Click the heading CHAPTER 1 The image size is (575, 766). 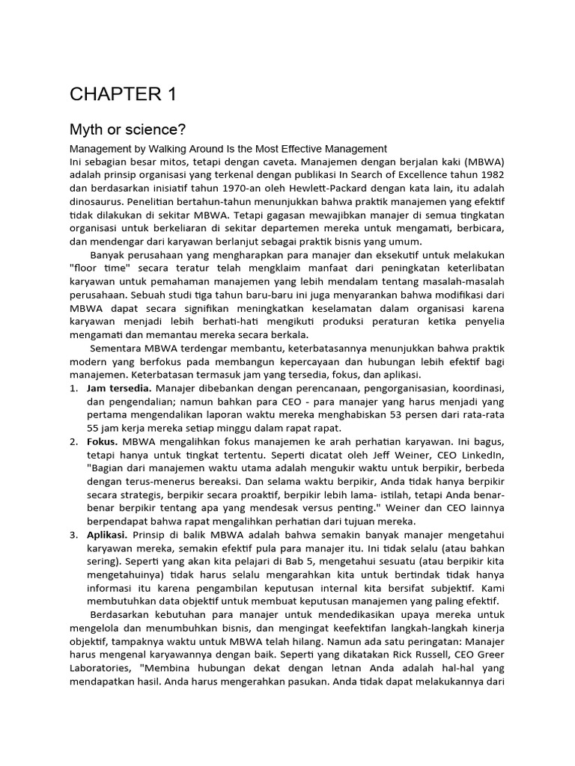(x=123, y=94)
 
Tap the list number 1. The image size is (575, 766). (x=73, y=388)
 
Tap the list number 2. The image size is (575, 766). (x=73, y=442)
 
